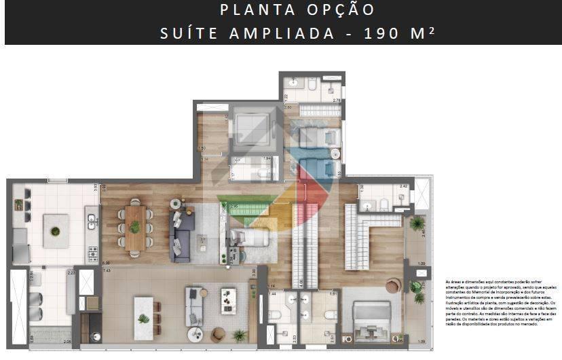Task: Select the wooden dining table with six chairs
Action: [x=135, y=227]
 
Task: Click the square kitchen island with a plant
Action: [x=55, y=230]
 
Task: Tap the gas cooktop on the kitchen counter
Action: [x=93, y=255]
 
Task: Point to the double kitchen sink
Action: [x=93, y=219]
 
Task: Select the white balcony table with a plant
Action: [x=143, y=318]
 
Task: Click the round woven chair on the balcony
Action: [x=219, y=334]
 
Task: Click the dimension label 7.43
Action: [x=107, y=270]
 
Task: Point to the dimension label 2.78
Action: [x=336, y=101]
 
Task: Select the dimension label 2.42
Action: [x=403, y=186]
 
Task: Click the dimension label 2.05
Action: [x=67, y=341]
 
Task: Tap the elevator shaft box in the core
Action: [x=252, y=126]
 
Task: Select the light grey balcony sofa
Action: [x=195, y=308]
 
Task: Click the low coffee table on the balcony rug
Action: [x=228, y=302]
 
